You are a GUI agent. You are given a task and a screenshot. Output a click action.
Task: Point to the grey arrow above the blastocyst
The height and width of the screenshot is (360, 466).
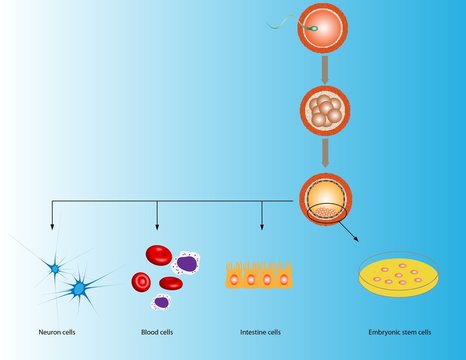(x=323, y=149)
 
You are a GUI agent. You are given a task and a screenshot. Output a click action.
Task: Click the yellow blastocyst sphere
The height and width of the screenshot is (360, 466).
(x=323, y=197)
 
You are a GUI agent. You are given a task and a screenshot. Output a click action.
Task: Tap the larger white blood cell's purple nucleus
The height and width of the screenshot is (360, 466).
(x=185, y=263)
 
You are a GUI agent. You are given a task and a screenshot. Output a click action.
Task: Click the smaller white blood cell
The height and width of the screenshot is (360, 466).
(x=161, y=301)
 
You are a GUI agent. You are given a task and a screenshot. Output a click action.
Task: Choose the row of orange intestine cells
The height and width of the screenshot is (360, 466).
(x=261, y=277)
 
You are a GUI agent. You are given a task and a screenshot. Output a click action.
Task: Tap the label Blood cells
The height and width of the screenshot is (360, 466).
(x=161, y=332)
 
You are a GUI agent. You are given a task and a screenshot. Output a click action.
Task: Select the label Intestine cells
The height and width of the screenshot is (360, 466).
(x=260, y=332)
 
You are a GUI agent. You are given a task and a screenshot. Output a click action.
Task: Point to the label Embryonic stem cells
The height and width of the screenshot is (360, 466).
(x=398, y=332)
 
